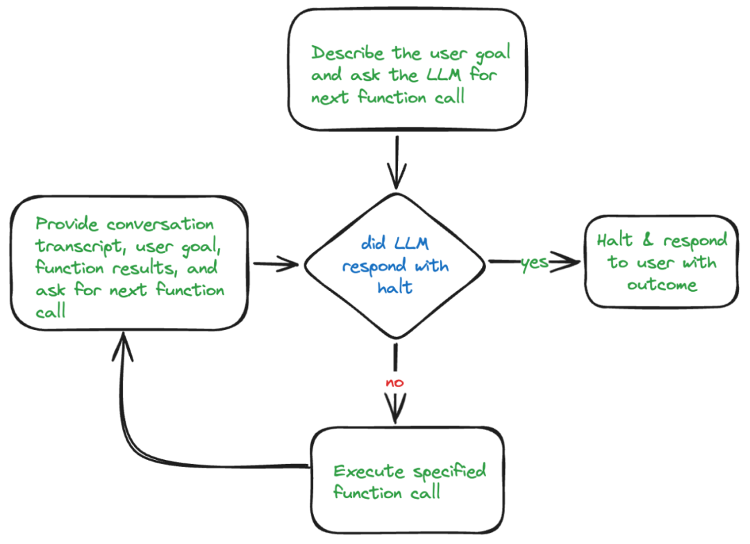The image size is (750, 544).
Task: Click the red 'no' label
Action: coord(394,383)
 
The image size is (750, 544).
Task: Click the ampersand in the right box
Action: coord(647,241)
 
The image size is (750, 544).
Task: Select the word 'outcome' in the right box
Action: coord(662,285)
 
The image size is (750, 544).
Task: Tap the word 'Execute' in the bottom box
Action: coord(369,472)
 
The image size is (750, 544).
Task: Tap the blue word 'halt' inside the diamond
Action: coord(394,288)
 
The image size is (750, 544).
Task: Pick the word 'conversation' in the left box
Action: coord(160,224)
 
